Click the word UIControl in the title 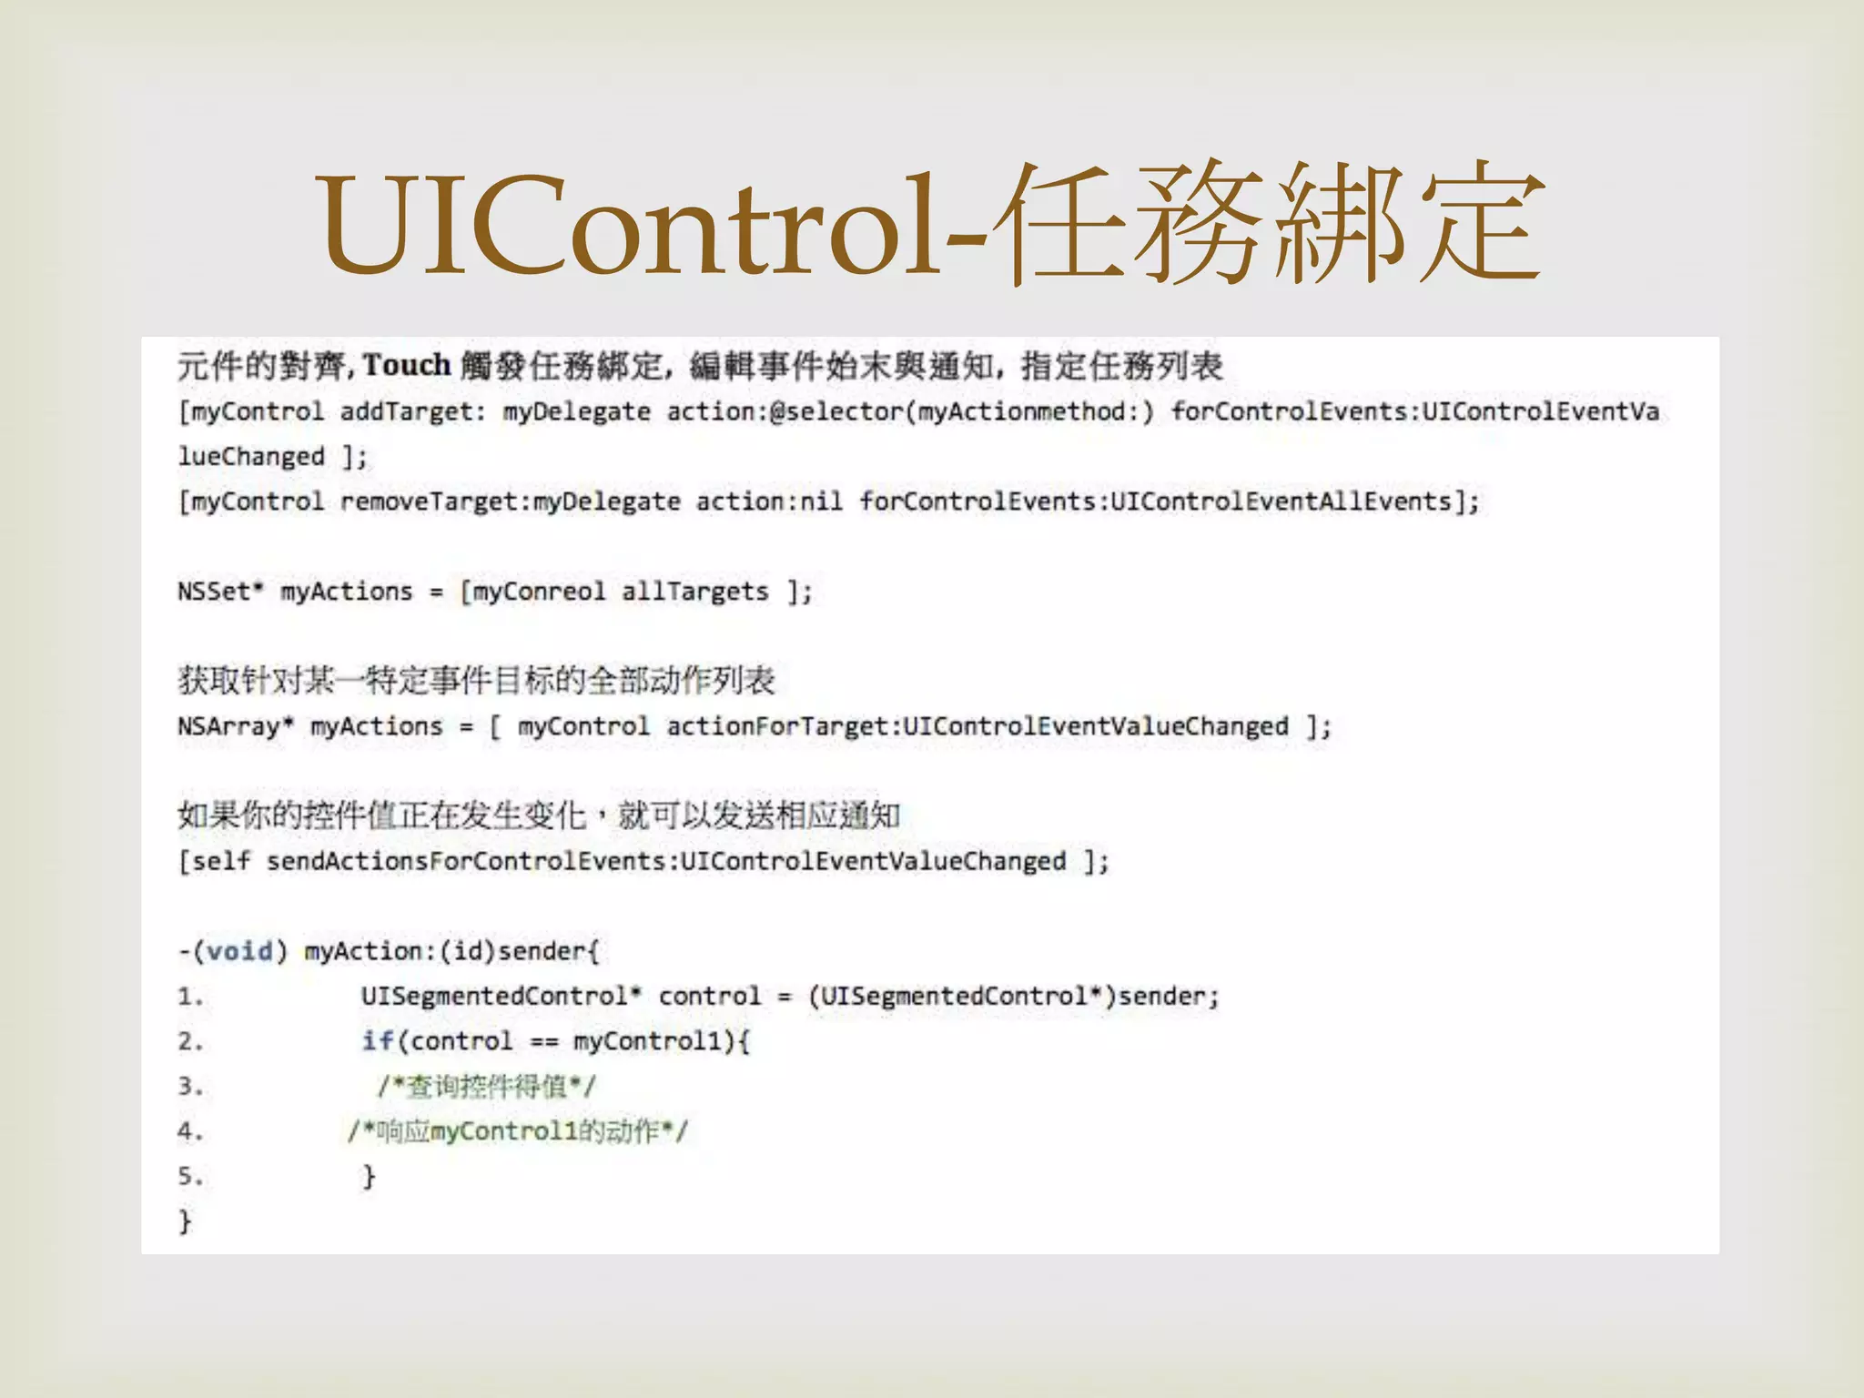(627, 225)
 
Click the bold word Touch (407, 365)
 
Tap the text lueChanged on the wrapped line (251, 457)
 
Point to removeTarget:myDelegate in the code (510, 501)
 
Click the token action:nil (769, 501)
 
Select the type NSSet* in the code (220, 592)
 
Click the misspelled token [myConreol (532, 592)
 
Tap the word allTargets (695, 592)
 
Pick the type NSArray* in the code (236, 726)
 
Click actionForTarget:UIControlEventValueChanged (978, 726)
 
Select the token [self (214, 861)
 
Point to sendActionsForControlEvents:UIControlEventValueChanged (665, 861)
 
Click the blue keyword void (240, 951)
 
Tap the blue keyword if (378, 1040)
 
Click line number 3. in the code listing (190, 1087)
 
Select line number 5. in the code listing (190, 1176)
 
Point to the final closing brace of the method (185, 1221)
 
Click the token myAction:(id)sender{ (451, 951)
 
